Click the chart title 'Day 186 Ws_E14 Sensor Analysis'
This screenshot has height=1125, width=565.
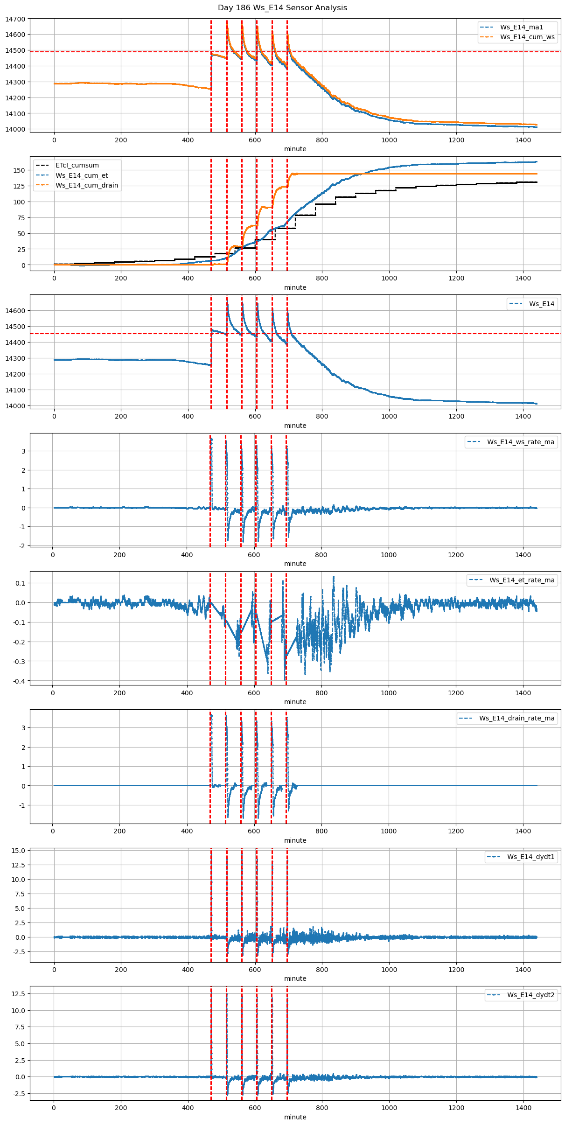click(x=282, y=8)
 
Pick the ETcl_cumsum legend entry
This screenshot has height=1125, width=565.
click(x=77, y=165)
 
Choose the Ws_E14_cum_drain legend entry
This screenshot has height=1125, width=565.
click(x=87, y=185)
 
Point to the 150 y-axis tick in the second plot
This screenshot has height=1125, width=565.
click(x=19, y=170)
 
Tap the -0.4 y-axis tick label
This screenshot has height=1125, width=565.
click(x=19, y=681)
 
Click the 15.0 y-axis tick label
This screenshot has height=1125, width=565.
click(x=19, y=851)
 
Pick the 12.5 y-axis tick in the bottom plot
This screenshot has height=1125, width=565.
click(x=19, y=994)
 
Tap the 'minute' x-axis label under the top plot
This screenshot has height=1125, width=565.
click(x=295, y=149)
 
